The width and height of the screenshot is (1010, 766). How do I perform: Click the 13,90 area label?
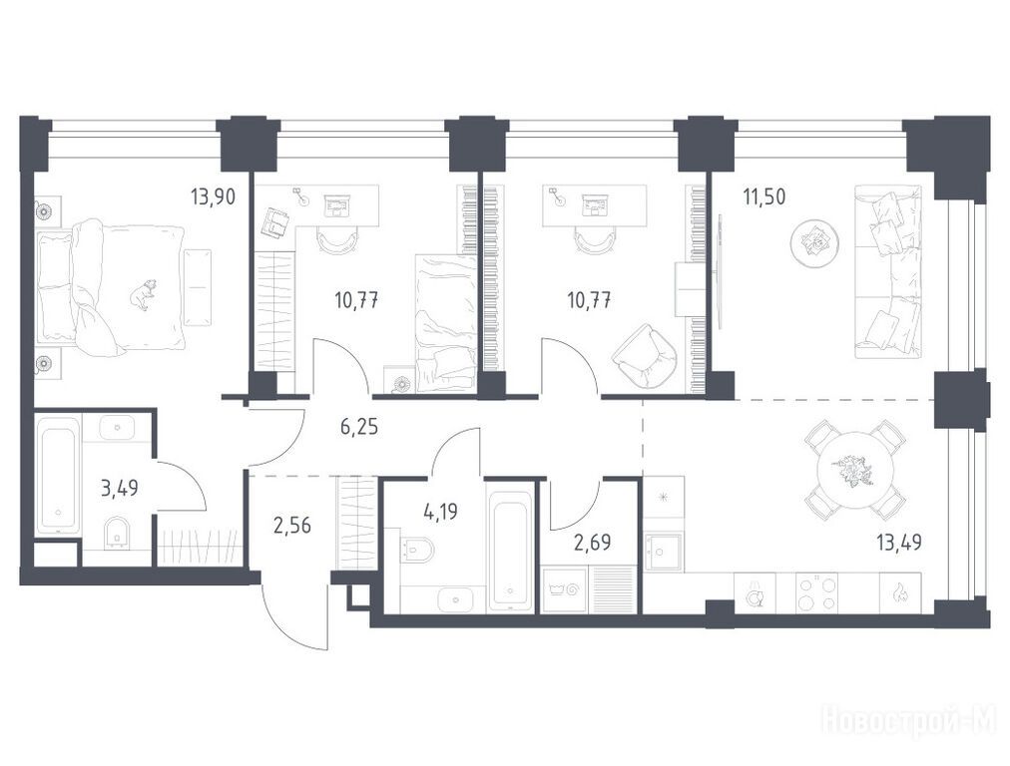pos(214,195)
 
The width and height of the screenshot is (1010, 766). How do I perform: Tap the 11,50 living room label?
pos(763,196)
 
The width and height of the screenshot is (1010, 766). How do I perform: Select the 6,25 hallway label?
pos(359,426)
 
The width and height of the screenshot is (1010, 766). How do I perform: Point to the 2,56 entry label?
pos(292,526)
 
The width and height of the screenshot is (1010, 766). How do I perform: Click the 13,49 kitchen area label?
pos(899,543)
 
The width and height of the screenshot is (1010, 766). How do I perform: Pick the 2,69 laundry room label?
pos(593,543)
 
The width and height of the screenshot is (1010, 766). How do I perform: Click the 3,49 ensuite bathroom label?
pos(120,489)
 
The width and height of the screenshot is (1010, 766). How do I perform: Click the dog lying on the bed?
pos(143,295)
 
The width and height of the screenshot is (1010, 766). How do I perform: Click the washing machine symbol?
pos(564,589)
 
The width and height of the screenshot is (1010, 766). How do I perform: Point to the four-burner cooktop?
pos(817,592)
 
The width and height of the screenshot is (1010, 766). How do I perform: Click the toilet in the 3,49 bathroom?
pos(117,533)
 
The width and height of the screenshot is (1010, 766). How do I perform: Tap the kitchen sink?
pos(664,552)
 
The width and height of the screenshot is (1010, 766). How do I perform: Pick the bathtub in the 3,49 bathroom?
pos(59,476)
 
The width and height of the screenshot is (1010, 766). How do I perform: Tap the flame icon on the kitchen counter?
pos(900,592)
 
